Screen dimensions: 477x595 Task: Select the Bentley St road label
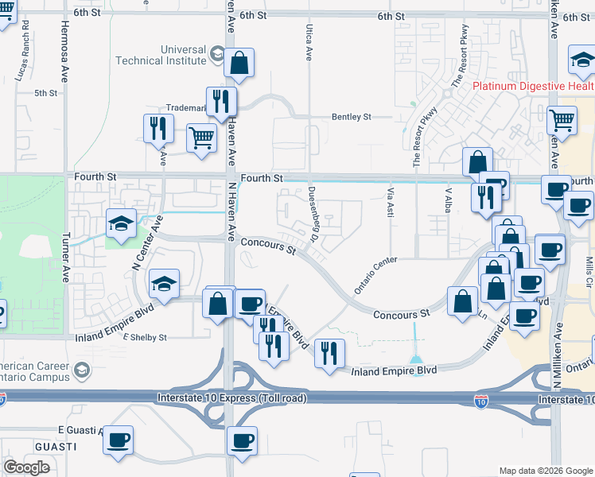(352, 117)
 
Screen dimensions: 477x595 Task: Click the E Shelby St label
(144, 337)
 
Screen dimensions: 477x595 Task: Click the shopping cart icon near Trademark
(202, 137)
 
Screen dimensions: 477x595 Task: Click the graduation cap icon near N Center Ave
(121, 223)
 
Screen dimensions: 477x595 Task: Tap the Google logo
(26, 467)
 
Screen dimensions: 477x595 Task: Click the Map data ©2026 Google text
(546, 471)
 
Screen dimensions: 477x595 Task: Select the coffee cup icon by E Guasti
(118, 440)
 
